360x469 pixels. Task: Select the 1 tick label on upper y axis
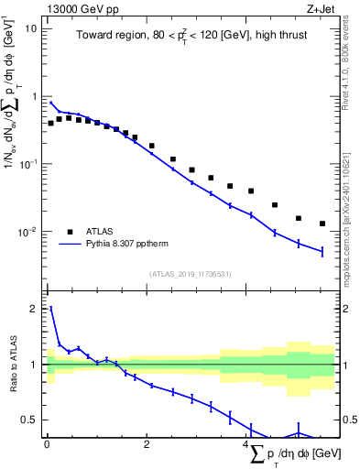pos(33,96)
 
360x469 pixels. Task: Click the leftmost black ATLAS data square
pos(50,123)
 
